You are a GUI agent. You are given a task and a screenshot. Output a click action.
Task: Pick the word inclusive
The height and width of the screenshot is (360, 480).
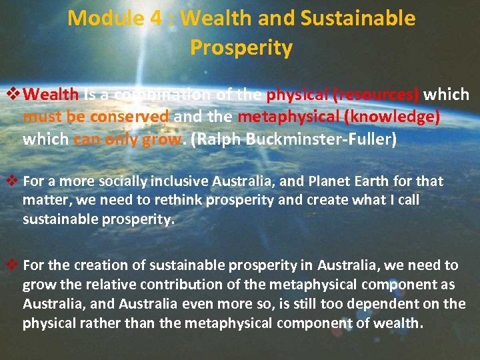coord(178,181)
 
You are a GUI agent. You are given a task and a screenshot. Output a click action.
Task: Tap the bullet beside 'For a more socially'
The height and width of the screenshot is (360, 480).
coord(11,181)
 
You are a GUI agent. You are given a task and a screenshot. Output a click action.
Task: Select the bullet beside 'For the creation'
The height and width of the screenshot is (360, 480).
coord(11,265)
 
